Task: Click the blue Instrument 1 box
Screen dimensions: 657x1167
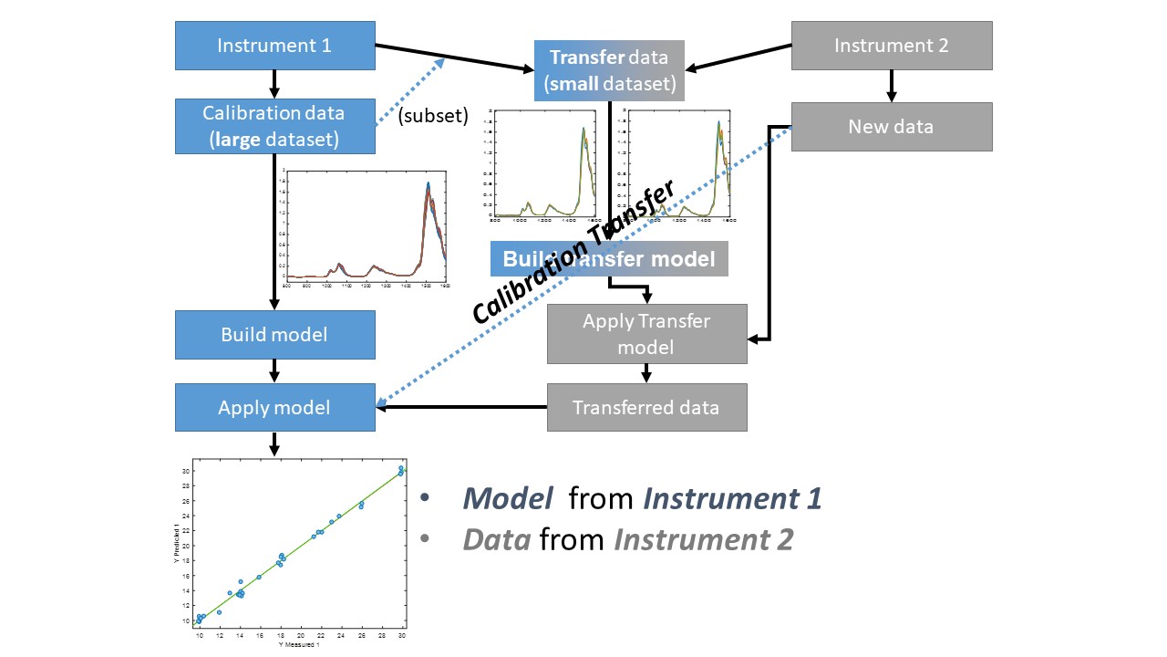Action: [x=274, y=46]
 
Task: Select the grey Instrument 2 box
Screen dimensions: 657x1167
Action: [x=891, y=46]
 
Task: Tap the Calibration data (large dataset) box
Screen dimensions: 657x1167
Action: [x=274, y=126]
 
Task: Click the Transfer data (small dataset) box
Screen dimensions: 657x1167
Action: [x=609, y=71]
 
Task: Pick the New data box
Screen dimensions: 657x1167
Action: [x=891, y=126]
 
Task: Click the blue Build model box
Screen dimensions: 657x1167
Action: [x=274, y=334]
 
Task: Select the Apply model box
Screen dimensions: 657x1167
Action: [x=274, y=407]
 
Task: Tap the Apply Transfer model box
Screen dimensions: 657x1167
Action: [x=646, y=334]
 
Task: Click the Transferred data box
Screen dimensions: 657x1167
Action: [x=646, y=407]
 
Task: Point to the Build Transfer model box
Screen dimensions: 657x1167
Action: [x=609, y=259]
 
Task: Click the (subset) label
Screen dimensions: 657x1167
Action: [x=434, y=117]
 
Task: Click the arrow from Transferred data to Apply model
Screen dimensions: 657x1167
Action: [x=460, y=407]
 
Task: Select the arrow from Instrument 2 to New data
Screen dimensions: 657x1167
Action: [x=891, y=86]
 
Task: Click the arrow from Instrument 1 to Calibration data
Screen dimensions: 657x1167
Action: [x=274, y=85]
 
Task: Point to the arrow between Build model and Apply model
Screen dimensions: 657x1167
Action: [x=274, y=370]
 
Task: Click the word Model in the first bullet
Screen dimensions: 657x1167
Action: [x=507, y=498]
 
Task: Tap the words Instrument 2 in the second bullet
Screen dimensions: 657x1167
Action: [x=703, y=539]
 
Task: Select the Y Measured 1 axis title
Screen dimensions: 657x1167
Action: [x=300, y=646]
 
